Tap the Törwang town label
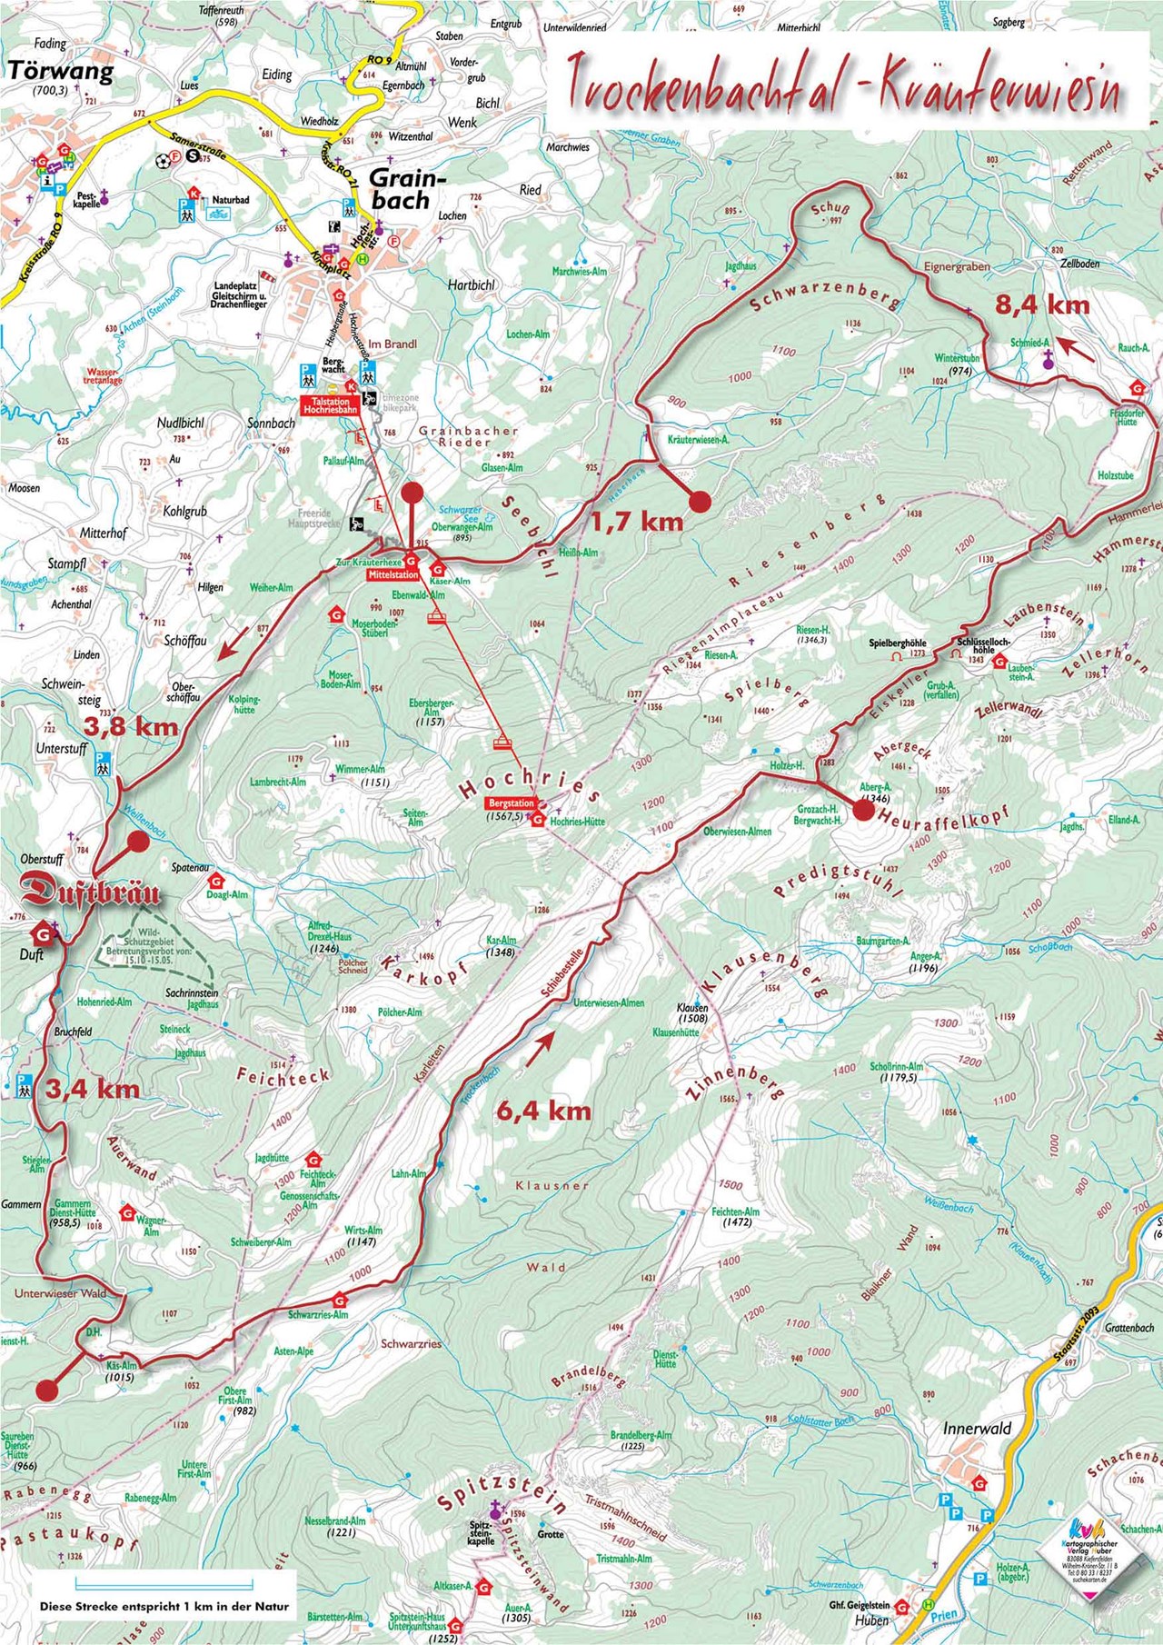click(x=62, y=73)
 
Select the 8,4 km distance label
click(x=1041, y=304)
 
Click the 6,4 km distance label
click(x=543, y=1110)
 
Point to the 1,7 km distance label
click(x=636, y=521)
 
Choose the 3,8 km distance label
click(x=130, y=726)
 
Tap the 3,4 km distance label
click(x=92, y=1088)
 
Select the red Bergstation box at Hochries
click(x=511, y=803)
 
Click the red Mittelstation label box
click(x=393, y=574)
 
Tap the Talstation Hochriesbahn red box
click(x=333, y=404)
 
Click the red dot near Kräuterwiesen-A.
click(x=700, y=501)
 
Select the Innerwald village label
click(x=977, y=1428)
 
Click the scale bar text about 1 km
click(x=164, y=1606)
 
